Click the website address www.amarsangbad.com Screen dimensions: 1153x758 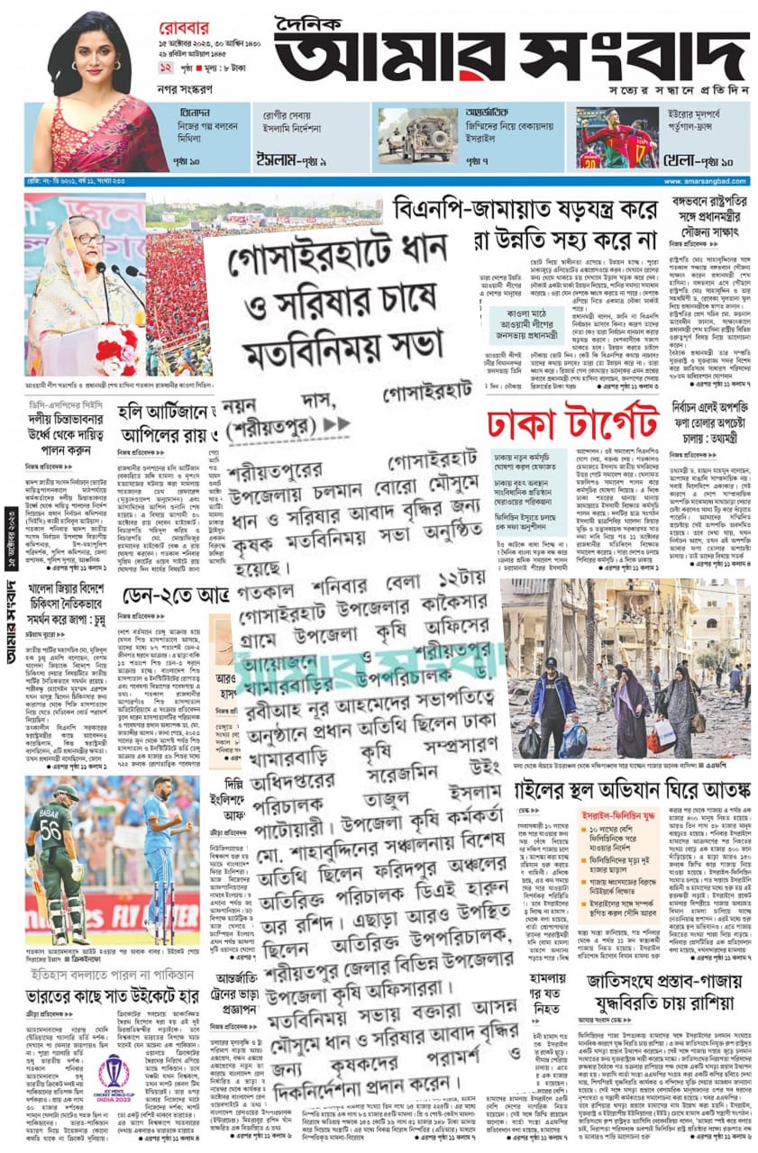706,182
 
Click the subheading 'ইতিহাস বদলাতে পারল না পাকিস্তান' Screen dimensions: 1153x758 112,976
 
